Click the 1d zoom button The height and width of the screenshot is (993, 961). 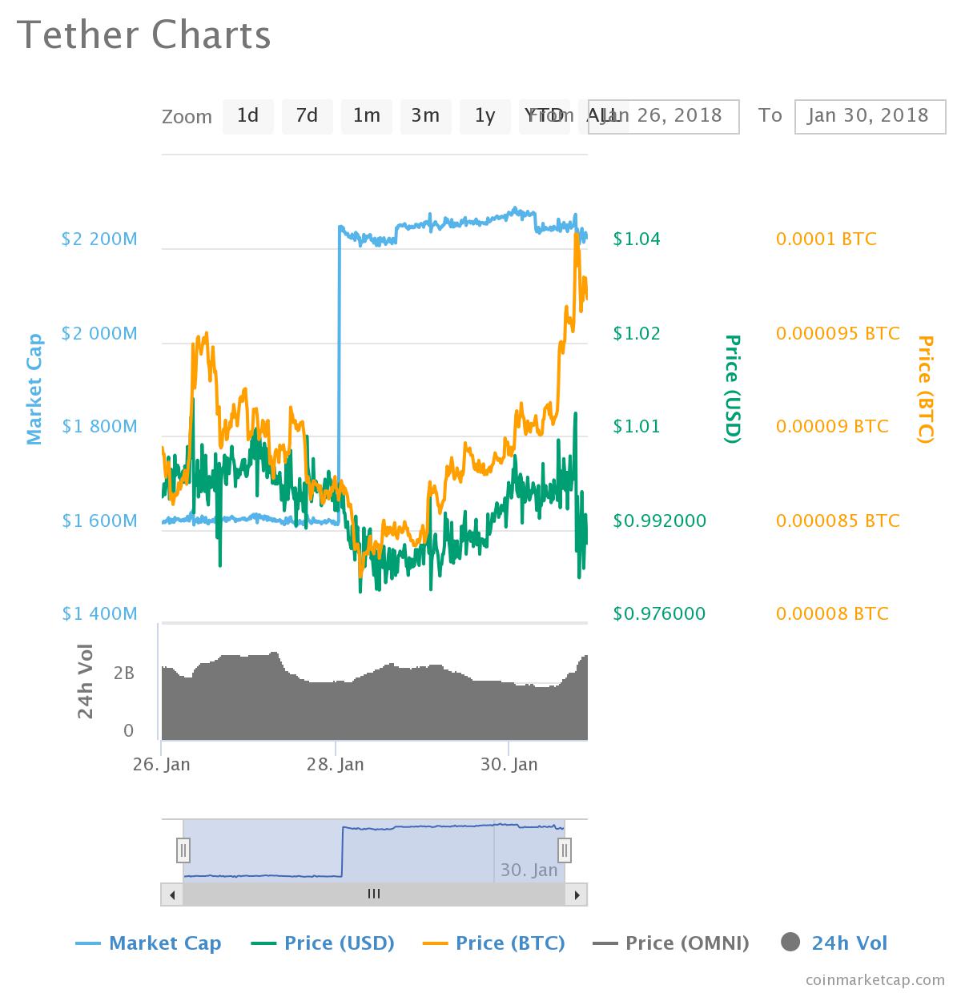(247, 116)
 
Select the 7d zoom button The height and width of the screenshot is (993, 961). (307, 116)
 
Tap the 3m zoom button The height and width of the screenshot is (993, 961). (425, 116)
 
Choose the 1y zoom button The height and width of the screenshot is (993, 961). (485, 116)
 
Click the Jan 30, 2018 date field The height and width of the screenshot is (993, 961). (869, 116)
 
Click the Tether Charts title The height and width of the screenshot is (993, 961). (144, 35)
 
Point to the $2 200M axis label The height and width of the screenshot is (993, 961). (99, 239)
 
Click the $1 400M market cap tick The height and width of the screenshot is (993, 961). (99, 613)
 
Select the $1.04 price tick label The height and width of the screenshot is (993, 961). (637, 239)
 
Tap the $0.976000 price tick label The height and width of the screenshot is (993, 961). (659, 613)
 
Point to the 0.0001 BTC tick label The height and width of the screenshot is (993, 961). (826, 239)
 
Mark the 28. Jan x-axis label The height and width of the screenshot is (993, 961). (335, 764)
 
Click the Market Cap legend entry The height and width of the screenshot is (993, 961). (149, 943)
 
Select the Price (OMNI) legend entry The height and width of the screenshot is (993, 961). (671, 943)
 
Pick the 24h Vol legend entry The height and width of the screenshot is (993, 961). (834, 943)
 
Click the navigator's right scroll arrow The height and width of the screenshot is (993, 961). (577, 895)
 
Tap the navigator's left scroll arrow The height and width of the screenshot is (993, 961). (171, 895)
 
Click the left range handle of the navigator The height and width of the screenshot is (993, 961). (183, 850)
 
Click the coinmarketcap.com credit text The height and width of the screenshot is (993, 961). (875, 979)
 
